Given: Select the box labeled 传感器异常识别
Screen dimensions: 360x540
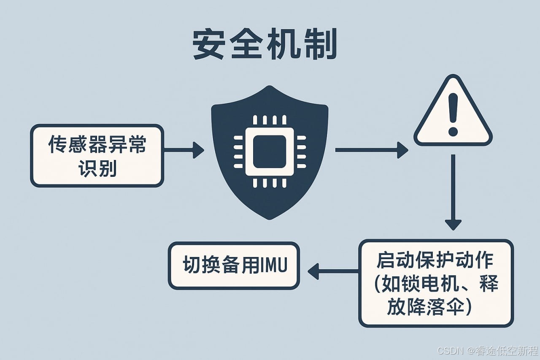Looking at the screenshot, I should click(x=97, y=155).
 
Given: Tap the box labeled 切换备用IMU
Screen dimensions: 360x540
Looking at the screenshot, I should click(x=234, y=265).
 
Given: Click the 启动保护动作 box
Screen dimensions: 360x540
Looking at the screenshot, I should click(x=436, y=283).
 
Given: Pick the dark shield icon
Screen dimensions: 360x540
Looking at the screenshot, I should click(x=270, y=152).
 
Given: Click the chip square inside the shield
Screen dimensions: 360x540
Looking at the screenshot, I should click(x=270, y=152).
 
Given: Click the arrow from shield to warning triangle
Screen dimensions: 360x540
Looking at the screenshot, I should click(x=371, y=150).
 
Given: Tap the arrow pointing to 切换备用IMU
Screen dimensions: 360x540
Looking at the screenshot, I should click(x=333, y=271).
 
